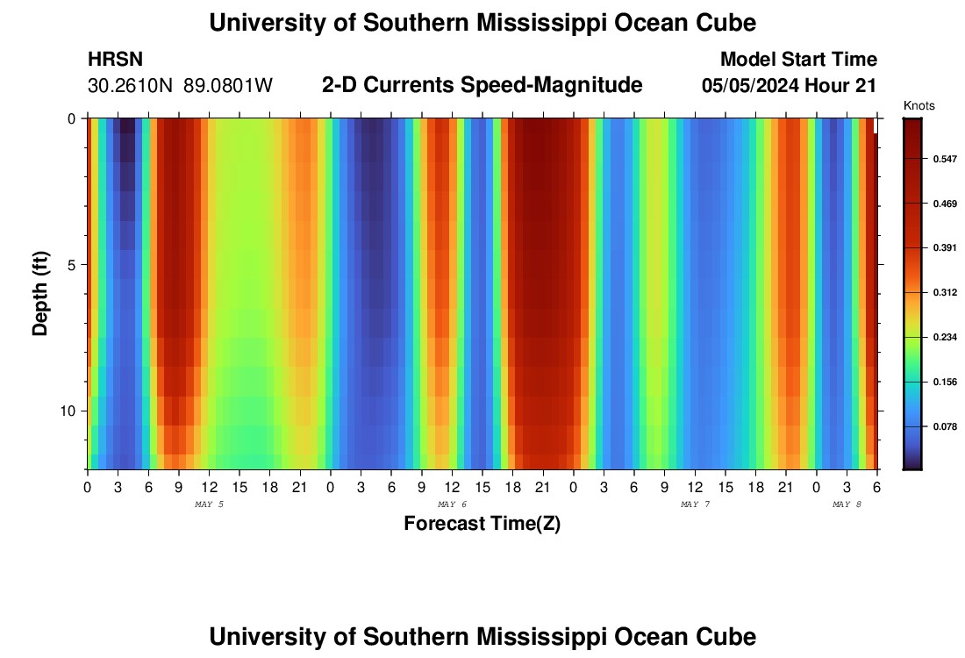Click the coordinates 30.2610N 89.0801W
(x=181, y=86)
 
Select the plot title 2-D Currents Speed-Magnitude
(x=482, y=85)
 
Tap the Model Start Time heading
(x=798, y=60)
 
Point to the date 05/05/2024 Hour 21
(x=790, y=86)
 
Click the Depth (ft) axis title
(x=40, y=293)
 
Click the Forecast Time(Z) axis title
(x=482, y=524)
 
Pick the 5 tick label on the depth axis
(x=71, y=264)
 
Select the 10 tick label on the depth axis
(x=68, y=411)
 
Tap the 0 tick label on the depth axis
(x=71, y=118)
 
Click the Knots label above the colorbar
(x=919, y=106)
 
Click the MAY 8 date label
(x=847, y=504)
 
